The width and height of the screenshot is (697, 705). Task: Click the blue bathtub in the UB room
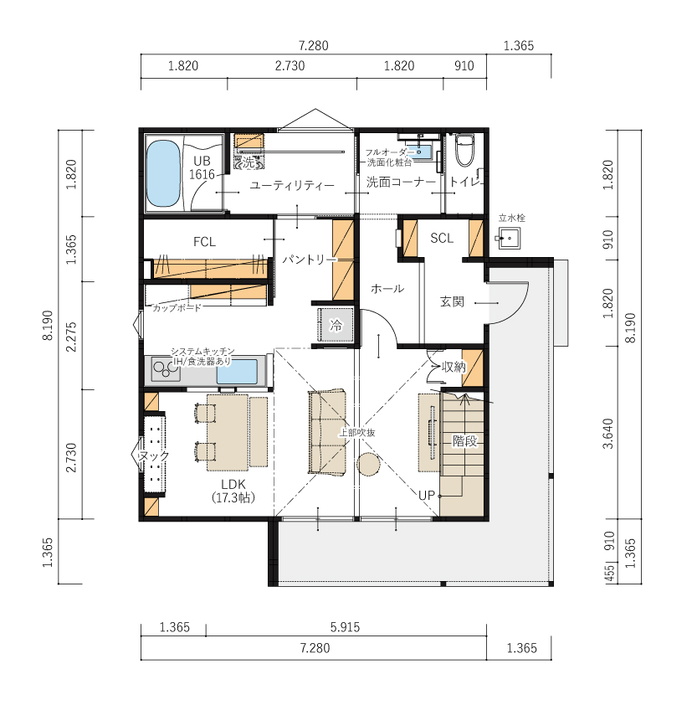(x=163, y=173)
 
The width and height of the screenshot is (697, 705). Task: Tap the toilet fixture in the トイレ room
(x=464, y=150)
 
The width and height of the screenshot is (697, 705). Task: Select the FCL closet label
(x=204, y=242)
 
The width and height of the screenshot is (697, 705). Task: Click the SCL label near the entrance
(x=442, y=238)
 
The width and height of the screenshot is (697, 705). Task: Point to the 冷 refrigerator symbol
(x=336, y=325)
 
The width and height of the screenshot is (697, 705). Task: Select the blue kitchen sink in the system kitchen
(x=238, y=372)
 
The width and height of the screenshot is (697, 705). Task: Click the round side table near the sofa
(x=368, y=464)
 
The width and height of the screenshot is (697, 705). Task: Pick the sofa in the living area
(x=327, y=432)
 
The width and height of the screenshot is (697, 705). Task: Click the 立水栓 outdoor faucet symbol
(x=509, y=239)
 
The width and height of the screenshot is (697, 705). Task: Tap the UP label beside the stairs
(x=427, y=496)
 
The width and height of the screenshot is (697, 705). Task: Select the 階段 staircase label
(x=464, y=440)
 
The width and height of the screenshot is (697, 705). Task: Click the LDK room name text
(x=233, y=484)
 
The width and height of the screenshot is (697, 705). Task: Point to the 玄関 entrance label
(x=452, y=301)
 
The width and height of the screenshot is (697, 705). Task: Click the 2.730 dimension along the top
(x=290, y=65)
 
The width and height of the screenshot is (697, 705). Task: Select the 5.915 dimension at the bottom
(x=345, y=627)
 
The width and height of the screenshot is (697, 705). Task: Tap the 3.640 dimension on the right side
(x=608, y=434)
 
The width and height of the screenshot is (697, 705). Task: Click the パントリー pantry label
(x=310, y=260)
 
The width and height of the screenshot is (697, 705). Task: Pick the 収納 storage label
(x=454, y=367)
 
